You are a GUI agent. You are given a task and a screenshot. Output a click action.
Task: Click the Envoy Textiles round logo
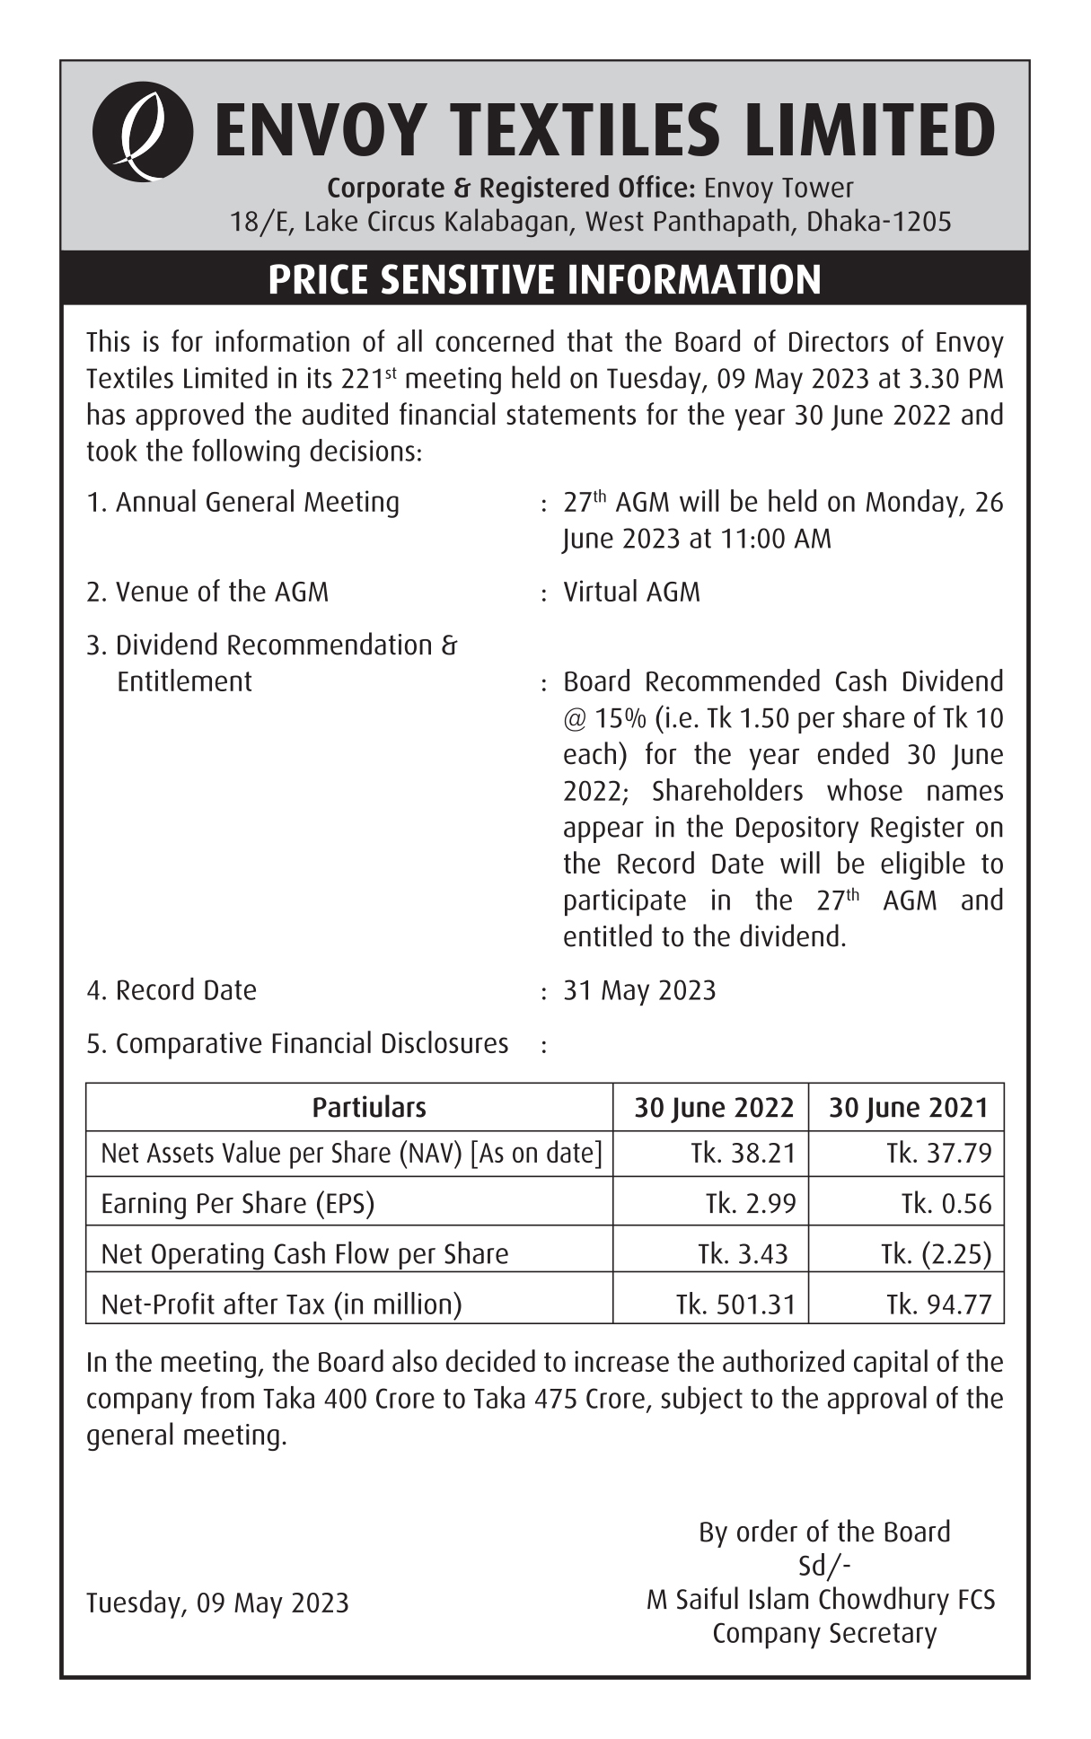142,132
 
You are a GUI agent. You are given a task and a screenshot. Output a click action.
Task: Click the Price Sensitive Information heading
544,279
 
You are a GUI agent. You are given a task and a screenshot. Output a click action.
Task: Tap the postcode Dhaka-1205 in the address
879,222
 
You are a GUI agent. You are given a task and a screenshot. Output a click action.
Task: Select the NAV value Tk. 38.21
743,1154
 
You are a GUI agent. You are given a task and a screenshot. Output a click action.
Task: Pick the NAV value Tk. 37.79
938,1154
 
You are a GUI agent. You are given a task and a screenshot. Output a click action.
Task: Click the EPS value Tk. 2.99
751,1204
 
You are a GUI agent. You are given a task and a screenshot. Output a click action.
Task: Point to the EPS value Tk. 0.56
946,1204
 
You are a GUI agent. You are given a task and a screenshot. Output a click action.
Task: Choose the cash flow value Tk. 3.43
743,1254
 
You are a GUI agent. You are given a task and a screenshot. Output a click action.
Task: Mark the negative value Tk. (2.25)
936,1254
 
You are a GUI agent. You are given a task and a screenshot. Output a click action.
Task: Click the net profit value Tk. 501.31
735,1304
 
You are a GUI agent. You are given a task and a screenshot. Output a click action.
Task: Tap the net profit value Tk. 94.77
938,1304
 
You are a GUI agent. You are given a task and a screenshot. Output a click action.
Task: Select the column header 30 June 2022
714,1108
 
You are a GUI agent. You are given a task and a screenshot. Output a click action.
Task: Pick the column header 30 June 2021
908,1108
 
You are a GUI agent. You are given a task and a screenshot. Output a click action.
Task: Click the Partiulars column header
369,1108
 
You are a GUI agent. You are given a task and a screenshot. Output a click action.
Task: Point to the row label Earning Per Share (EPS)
237,1204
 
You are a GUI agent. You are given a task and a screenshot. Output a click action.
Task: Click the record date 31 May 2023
639,990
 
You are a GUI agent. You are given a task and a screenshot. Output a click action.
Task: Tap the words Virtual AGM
631,593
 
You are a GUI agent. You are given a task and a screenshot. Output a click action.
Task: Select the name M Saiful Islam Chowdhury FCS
821,1600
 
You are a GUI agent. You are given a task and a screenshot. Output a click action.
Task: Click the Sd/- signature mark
824,1566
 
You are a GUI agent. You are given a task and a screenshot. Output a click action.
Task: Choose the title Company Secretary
824,1634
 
